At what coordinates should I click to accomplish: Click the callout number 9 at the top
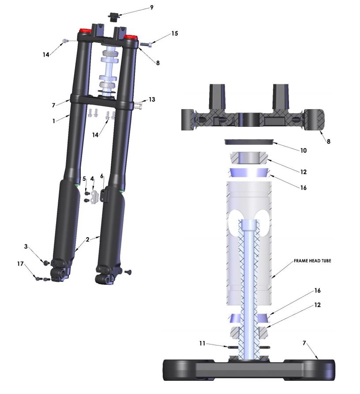pos(152,8)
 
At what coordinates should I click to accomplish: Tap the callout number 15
pos(175,34)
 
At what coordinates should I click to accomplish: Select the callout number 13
pos(152,99)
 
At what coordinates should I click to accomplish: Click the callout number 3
pos(26,246)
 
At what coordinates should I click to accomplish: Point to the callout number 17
pos(20,264)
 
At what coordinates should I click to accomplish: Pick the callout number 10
pos(304,151)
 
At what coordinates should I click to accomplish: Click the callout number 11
pos(202,343)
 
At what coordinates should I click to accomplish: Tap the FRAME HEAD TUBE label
pos(312,261)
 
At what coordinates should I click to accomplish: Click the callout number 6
pos(101,176)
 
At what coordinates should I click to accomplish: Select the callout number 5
pos(84,178)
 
